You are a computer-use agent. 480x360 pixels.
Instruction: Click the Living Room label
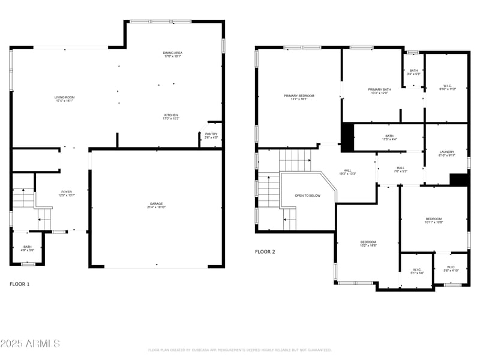[x=64, y=99]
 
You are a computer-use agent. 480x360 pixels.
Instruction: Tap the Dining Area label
[x=172, y=55]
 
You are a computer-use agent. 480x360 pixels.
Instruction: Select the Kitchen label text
[x=171, y=116]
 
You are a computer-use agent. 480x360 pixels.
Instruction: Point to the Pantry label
[x=211, y=136]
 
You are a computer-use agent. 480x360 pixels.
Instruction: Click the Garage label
[x=156, y=206]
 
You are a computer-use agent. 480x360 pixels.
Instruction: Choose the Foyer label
[x=66, y=193]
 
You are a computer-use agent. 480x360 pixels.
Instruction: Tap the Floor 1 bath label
[x=28, y=248]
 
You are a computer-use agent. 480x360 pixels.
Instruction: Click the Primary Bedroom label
[x=299, y=98]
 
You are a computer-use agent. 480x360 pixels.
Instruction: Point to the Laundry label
[x=446, y=154]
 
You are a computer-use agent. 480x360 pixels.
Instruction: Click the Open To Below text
[x=307, y=196]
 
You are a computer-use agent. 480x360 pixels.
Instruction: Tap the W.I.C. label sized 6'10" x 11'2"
[x=448, y=87]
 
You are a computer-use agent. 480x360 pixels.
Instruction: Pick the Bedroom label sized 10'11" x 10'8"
[x=433, y=220]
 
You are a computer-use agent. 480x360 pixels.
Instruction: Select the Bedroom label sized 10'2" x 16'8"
[x=368, y=244]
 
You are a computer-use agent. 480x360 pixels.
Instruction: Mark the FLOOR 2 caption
[x=265, y=252]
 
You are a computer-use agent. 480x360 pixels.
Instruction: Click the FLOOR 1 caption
[x=19, y=284]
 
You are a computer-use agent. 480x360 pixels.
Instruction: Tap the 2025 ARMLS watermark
[x=30, y=344]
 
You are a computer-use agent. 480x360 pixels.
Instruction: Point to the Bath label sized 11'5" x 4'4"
[x=389, y=138]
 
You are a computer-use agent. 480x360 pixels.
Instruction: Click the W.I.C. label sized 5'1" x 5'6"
[x=417, y=271]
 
